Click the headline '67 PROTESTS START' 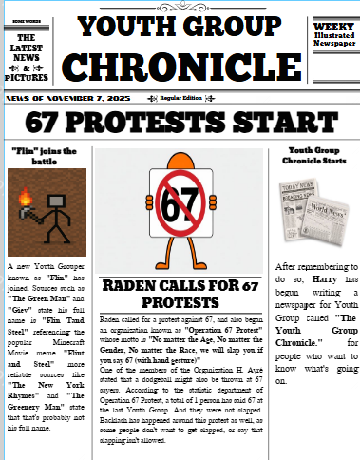(x=180, y=121)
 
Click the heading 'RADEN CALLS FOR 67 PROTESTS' (x=180, y=294)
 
